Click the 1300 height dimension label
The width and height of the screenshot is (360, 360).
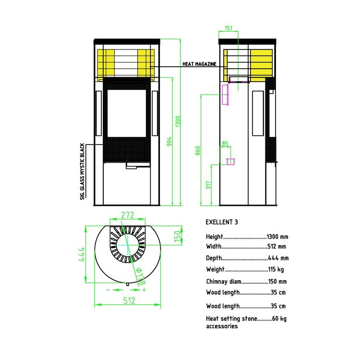click(178, 121)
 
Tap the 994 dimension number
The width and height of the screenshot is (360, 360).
click(169, 142)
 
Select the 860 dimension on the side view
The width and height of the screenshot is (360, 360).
click(198, 151)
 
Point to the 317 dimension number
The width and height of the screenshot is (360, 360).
click(208, 185)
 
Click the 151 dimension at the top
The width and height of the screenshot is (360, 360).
click(228, 28)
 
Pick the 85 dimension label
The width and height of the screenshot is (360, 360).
click(225, 144)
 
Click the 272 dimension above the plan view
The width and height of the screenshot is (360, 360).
click(127, 215)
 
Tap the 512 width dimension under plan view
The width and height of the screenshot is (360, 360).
click(129, 300)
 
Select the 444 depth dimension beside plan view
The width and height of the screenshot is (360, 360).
click(82, 254)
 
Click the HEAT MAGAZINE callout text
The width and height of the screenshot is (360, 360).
click(199, 64)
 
